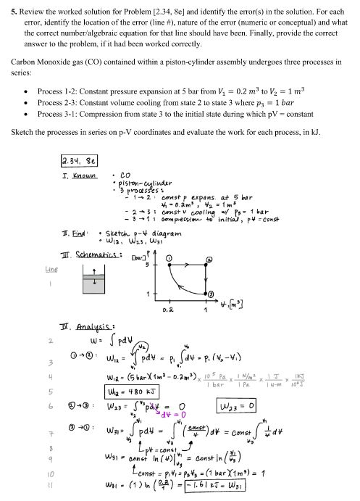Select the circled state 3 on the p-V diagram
211,294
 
